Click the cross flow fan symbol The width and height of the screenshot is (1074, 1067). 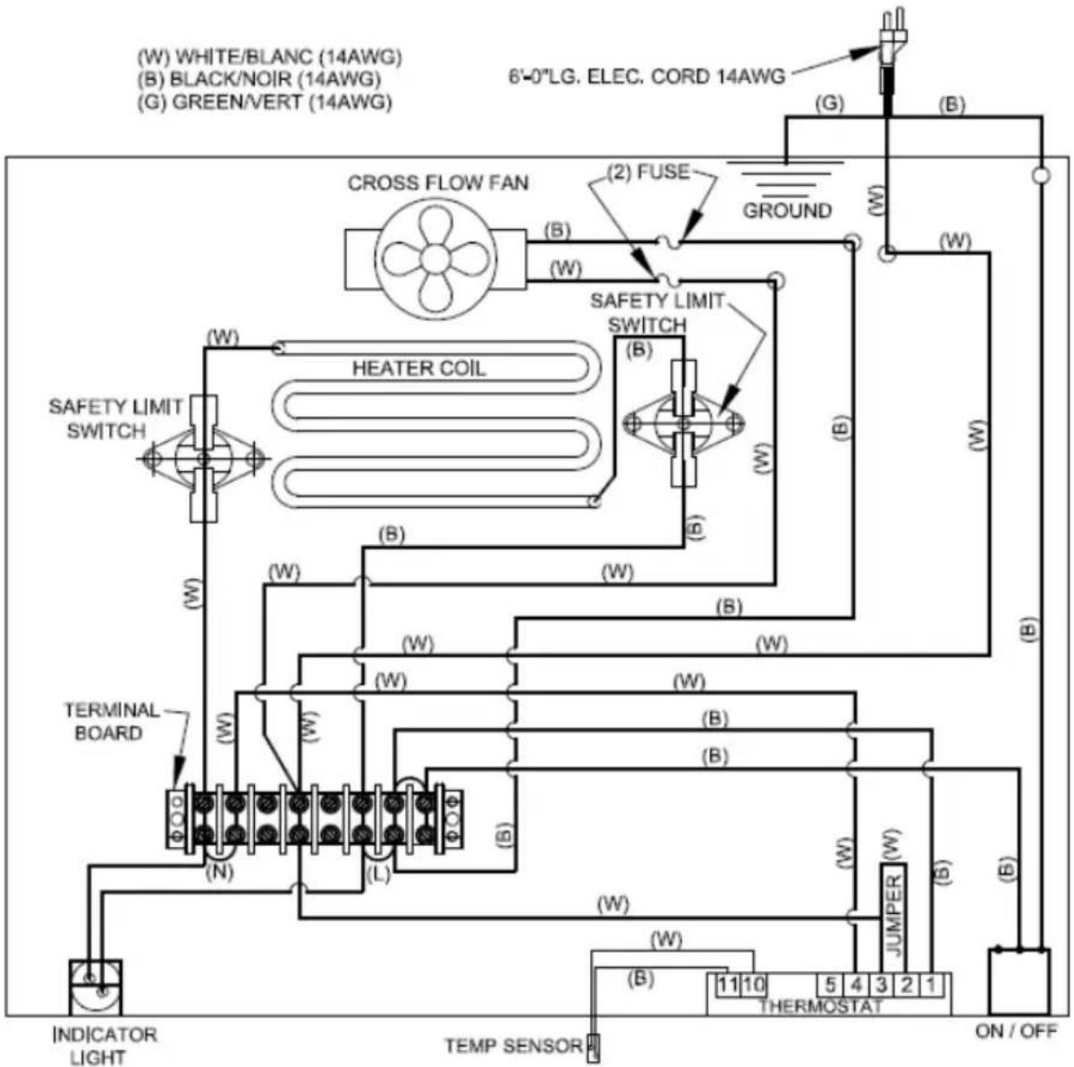[x=436, y=259]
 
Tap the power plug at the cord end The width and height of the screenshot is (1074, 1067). [x=891, y=40]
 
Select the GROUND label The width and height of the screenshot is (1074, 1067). [x=787, y=211]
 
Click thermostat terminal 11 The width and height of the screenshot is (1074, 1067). [x=729, y=986]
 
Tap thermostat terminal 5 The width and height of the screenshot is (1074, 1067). [x=830, y=986]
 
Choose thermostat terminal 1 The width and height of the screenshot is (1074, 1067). [x=930, y=986]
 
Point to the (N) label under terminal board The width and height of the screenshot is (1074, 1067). [x=219, y=873]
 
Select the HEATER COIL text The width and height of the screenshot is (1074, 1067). [x=419, y=368]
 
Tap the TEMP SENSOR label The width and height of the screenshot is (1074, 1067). [x=513, y=1046]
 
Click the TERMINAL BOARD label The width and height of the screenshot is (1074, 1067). [x=110, y=722]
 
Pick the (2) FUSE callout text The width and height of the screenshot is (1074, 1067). [x=647, y=172]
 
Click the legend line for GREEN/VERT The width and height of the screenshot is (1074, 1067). [x=265, y=102]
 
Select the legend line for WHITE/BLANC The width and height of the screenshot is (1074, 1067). [x=270, y=57]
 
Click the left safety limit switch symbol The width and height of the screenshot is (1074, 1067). [x=203, y=458]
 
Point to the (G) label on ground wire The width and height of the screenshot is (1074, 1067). [x=830, y=104]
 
